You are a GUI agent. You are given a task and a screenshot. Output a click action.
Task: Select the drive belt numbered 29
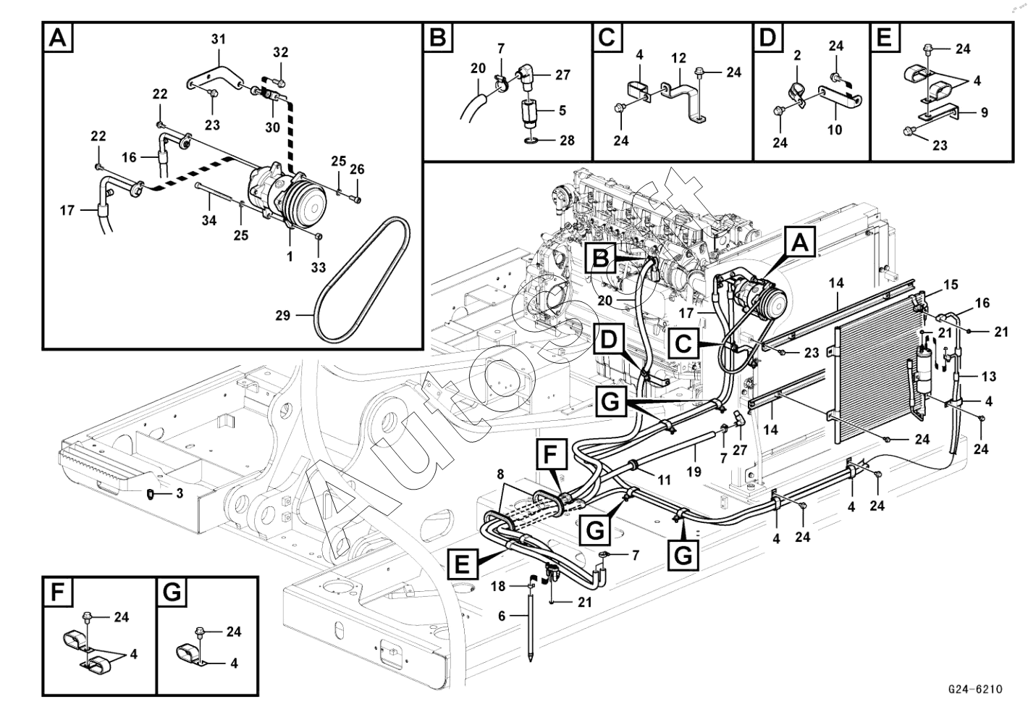point(362,279)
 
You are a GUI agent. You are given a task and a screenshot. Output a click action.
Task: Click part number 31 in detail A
point(219,39)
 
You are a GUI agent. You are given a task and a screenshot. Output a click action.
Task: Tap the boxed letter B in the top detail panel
point(437,37)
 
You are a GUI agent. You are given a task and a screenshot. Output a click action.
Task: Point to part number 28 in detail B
point(567,140)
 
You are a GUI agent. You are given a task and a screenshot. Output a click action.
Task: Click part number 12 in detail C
point(678,57)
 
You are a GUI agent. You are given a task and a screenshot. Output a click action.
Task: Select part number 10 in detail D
point(835,130)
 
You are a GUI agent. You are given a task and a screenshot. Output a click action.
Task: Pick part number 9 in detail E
point(984,113)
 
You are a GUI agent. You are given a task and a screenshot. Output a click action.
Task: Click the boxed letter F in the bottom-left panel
point(56,593)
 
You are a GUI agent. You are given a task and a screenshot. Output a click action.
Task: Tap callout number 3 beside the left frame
point(179,494)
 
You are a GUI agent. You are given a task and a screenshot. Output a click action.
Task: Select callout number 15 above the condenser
point(951,285)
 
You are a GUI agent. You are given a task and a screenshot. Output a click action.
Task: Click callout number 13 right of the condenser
point(988,377)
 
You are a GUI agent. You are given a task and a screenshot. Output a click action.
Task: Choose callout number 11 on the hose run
point(664,479)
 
